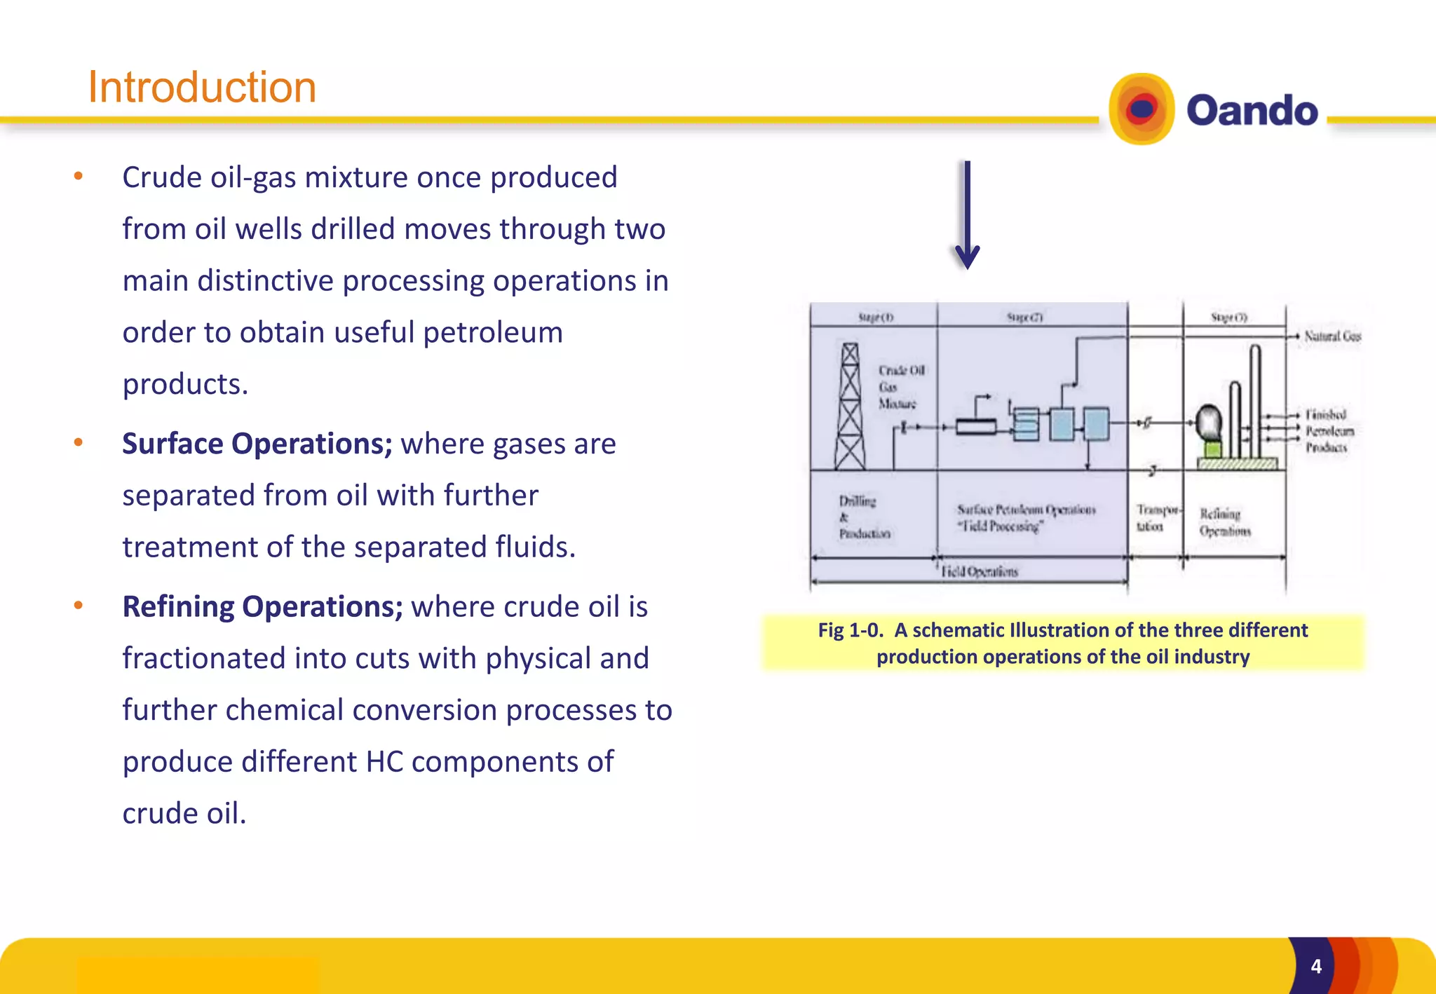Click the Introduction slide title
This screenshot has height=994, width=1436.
[202, 88]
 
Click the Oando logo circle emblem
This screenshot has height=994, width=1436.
[1142, 109]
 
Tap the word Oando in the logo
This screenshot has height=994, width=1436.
[1252, 111]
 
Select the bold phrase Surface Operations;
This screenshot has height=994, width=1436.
[257, 444]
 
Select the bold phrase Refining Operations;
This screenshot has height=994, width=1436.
[262, 607]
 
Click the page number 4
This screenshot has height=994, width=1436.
[1316, 967]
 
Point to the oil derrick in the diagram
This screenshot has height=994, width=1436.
[850, 407]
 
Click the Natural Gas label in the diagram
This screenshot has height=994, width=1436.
[1332, 336]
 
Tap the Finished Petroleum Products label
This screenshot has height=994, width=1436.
[1329, 430]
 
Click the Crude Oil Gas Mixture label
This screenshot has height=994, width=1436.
[900, 387]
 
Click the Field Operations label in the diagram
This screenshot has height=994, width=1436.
[979, 572]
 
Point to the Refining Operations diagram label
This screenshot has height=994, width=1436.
[1224, 522]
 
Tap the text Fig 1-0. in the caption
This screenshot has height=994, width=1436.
[850, 630]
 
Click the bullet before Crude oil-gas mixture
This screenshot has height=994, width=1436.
[79, 177]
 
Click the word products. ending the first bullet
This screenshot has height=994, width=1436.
[185, 384]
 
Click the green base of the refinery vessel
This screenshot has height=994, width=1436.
[1212, 449]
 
